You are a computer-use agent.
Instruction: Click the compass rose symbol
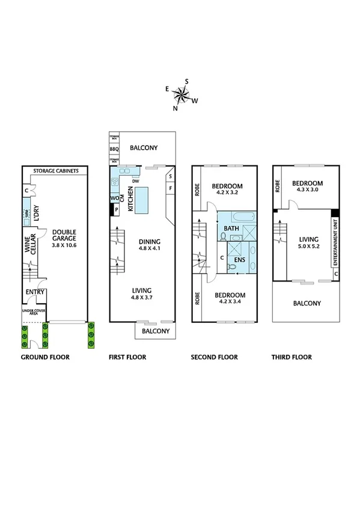click(181, 93)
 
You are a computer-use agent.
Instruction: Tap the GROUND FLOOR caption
click(45, 357)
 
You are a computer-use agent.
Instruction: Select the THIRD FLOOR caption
click(292, 357)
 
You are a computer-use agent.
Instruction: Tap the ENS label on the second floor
click(239, 261)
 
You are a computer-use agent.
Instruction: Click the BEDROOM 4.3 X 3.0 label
click(307, 187)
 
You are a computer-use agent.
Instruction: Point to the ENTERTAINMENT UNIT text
click(334, 243)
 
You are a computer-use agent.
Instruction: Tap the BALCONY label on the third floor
click(307, 304)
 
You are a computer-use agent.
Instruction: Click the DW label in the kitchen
click(136, 181)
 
